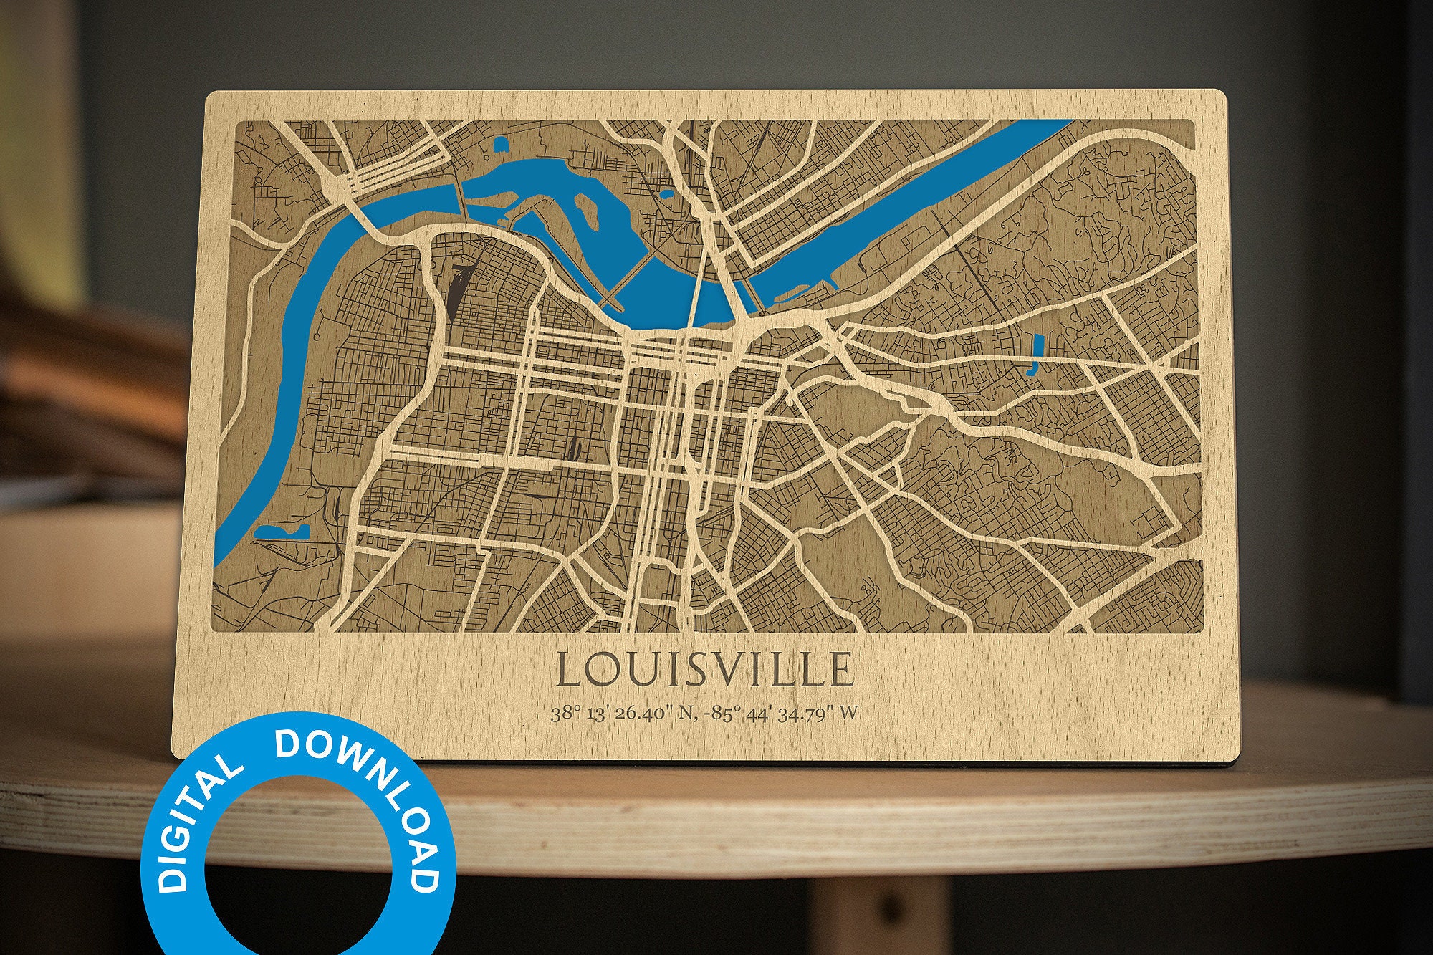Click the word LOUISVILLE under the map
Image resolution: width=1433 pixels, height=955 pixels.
[705, 670]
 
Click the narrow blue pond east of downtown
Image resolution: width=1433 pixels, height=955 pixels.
[1035, 355]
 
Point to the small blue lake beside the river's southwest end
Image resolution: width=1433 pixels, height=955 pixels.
[283, 532]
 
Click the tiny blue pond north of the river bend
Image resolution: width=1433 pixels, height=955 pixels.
[500, 147]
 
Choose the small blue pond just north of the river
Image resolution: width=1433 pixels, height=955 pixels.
[666, 193]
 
